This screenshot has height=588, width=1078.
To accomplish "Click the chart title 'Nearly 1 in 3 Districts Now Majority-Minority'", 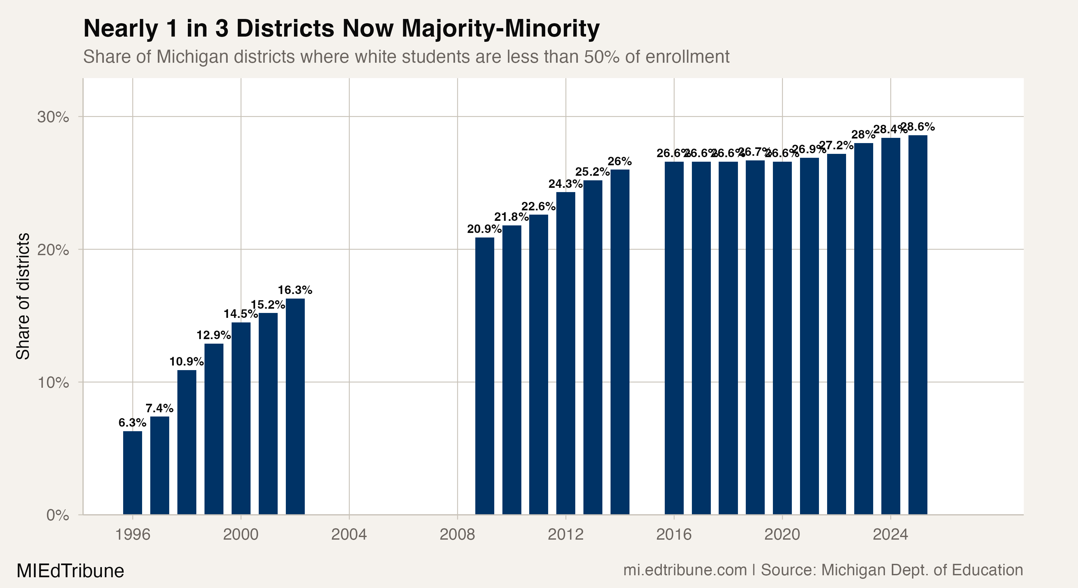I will point(341,28).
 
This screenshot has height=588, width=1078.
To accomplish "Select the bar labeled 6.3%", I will point(132,473).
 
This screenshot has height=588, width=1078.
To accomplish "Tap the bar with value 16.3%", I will point(295,406).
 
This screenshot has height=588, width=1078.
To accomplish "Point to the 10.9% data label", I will point(186,362).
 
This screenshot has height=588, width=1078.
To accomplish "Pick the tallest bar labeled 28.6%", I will point(918,325).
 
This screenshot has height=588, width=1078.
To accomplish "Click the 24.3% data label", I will point(565,184).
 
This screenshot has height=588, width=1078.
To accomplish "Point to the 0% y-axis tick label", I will point(57,515).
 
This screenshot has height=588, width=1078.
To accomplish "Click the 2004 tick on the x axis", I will point(349,534).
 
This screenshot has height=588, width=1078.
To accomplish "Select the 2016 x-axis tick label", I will point(674,534).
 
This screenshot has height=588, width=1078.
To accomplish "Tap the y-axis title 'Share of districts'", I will point(23,296).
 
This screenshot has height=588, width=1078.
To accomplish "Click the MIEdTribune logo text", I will point(70,571).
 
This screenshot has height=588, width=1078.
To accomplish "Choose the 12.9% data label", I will point(213,335).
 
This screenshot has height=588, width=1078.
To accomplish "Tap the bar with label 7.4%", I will point(159,465).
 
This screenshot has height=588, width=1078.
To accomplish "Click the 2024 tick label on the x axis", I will point(890,534).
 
